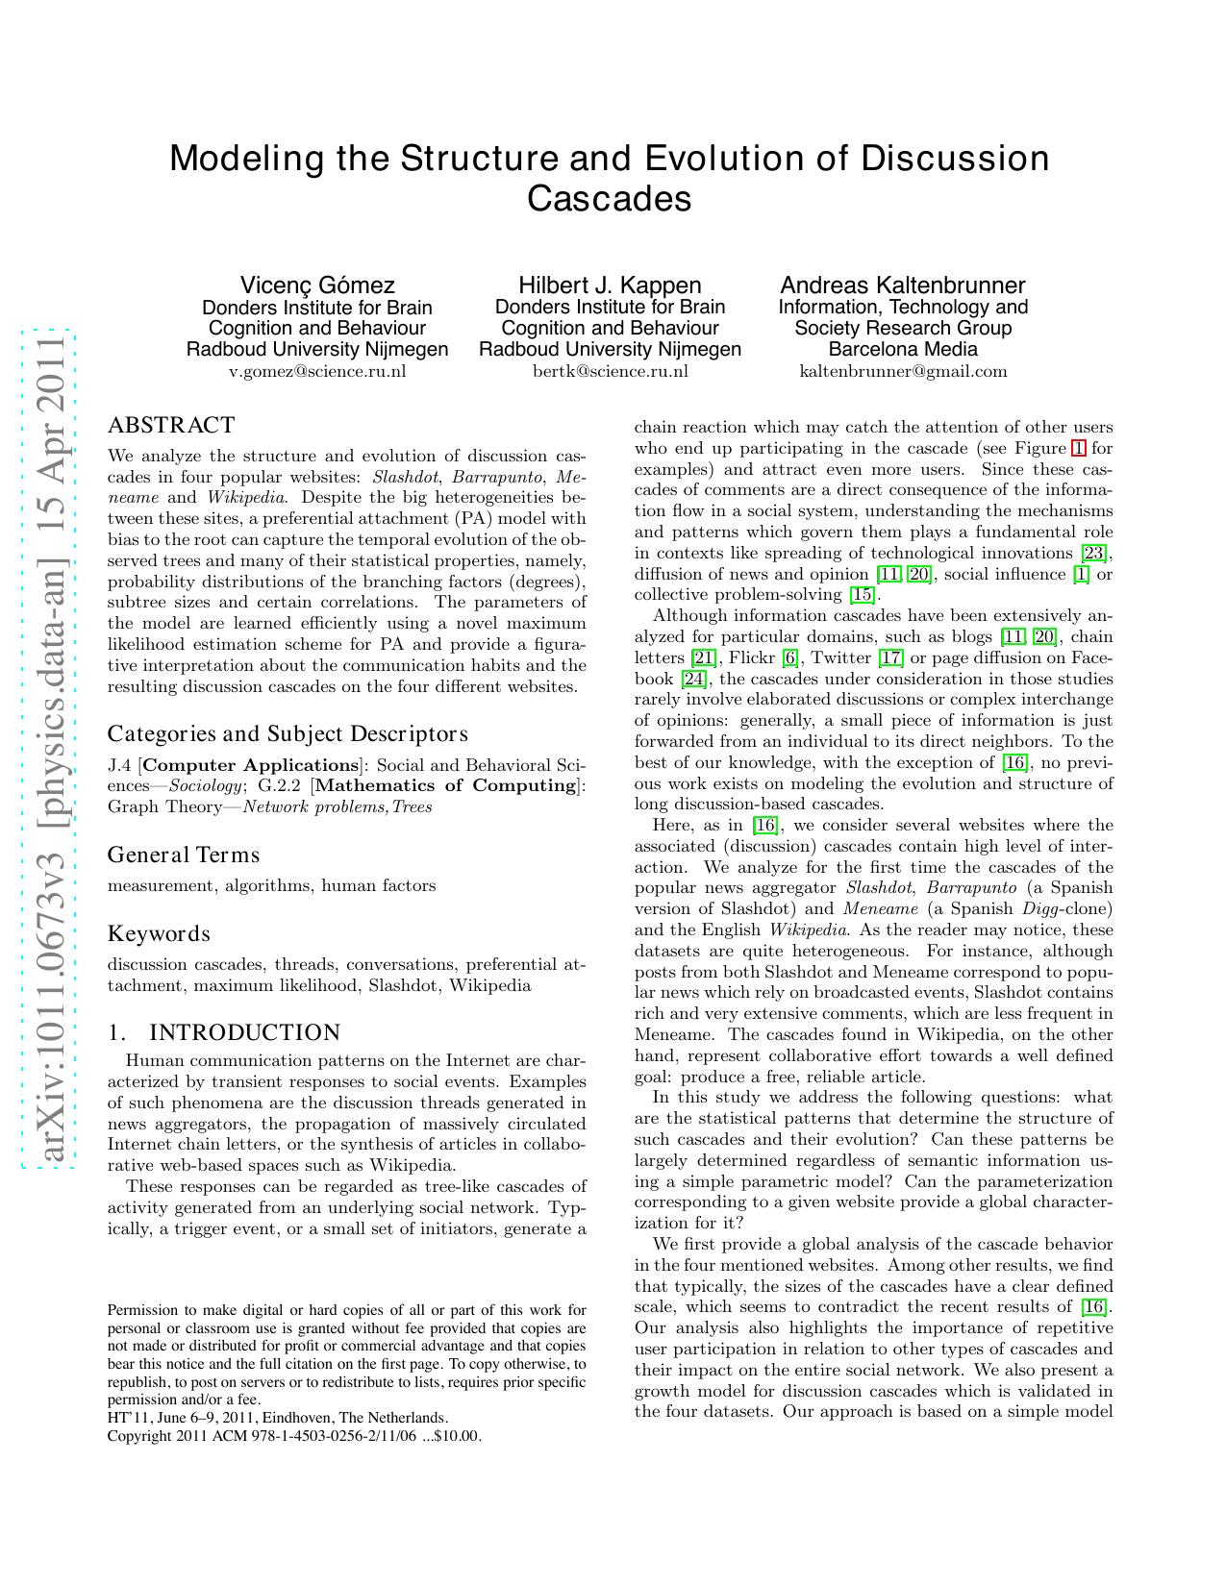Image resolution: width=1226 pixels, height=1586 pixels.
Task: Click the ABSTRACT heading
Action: point(171,426)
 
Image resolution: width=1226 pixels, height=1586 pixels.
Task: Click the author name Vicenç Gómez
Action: point(317,285)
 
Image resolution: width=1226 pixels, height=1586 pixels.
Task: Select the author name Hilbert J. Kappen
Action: point(610,285)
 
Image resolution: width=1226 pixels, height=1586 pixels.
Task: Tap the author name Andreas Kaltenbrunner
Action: point(902,285)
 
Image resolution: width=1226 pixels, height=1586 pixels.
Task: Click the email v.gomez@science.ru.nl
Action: point(317,371)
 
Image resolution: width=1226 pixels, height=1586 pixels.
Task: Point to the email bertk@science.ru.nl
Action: point(610,371)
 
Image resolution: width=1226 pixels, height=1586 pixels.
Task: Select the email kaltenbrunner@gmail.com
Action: point(903,371)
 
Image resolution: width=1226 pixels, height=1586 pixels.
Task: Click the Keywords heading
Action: point(159,934)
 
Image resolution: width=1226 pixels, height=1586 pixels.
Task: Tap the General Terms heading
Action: point(184,855)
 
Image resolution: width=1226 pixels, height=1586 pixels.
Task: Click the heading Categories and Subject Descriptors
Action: point(288,734)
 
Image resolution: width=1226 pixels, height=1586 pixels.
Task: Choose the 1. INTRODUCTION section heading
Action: point(224,1033)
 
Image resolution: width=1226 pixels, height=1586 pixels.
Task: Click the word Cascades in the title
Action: point(609,199)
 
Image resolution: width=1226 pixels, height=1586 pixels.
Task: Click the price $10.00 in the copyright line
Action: point(459,1436)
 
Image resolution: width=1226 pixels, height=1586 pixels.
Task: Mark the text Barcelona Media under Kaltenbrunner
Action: point(902,349)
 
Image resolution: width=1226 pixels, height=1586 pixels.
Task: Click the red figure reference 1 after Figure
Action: point(1078,448)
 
